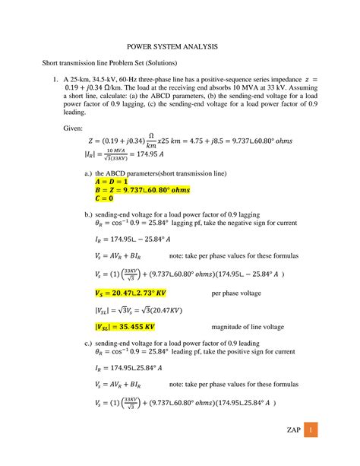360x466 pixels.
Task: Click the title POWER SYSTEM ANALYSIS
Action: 180,47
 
